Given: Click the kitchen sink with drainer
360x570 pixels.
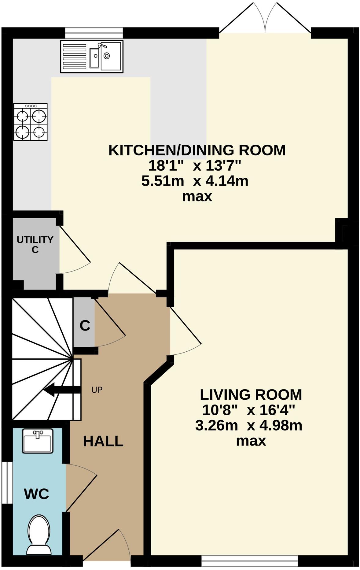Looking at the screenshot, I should tap(92, 56).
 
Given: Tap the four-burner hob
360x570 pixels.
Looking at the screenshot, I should tap(31, 122).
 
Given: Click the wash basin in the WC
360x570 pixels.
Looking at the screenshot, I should tap(38, 441).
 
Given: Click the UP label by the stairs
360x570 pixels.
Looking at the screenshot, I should tap(97, 390).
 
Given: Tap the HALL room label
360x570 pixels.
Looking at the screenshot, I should tap(103, 441).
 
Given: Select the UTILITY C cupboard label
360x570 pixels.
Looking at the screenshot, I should tap(35, 244).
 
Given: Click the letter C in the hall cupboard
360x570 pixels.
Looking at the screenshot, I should tap(85, 326).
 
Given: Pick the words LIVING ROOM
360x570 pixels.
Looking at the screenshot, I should tap(251, 395).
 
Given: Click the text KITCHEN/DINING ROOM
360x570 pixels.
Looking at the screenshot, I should tap(197, 150).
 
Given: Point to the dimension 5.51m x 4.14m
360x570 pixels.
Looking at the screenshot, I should tap(195, 181).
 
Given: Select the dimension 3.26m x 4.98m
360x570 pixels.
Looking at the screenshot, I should tap(248, 425).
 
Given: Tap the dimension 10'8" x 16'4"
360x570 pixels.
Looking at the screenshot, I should tap(248, 410).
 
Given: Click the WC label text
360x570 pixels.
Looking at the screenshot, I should tap(36, 494).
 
